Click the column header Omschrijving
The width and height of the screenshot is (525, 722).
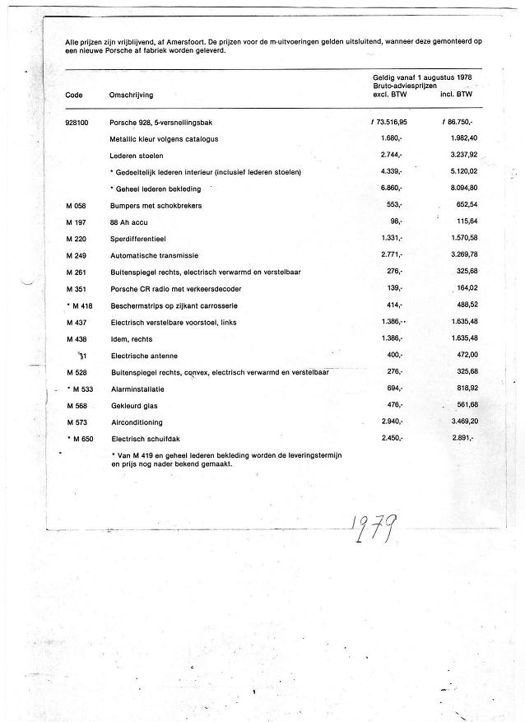pyautogui.click(x=131, y=95)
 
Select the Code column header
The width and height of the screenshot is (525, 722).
pyautogui.click(x=73, y=95)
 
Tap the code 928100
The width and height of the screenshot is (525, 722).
pyautogui.click(x=77, y=122)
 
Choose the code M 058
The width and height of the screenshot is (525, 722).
pyautogui.click(x=76, y=205)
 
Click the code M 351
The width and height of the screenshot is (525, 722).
pyautogui.click(x=76, y=289)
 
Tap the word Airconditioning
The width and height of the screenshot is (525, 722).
pyautogui.click(x=137, y=422)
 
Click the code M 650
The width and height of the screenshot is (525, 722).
pyautogui.click(x=80, y=438)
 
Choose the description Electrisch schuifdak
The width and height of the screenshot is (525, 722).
pyautogui.click(x=146, y=438)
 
